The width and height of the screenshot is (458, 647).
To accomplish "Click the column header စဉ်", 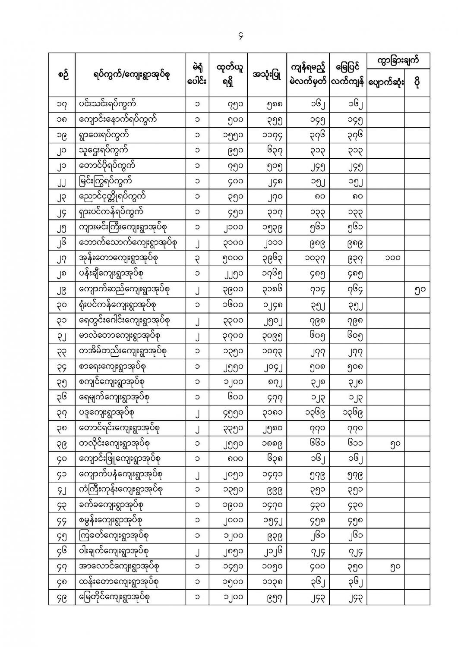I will point(62,75).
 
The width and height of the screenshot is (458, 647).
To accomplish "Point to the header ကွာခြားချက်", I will point(398,60).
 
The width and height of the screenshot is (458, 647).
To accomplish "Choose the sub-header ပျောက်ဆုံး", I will point(385,83).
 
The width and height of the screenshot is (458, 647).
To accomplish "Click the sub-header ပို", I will point(417,83).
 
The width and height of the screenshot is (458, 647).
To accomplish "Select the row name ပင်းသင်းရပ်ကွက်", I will point(108,104).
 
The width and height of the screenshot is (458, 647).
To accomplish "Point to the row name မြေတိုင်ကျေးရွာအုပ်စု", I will point(114,597).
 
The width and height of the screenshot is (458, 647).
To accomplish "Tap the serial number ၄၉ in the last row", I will point(62,597).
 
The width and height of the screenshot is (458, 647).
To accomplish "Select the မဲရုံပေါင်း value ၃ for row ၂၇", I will point(197,258).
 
